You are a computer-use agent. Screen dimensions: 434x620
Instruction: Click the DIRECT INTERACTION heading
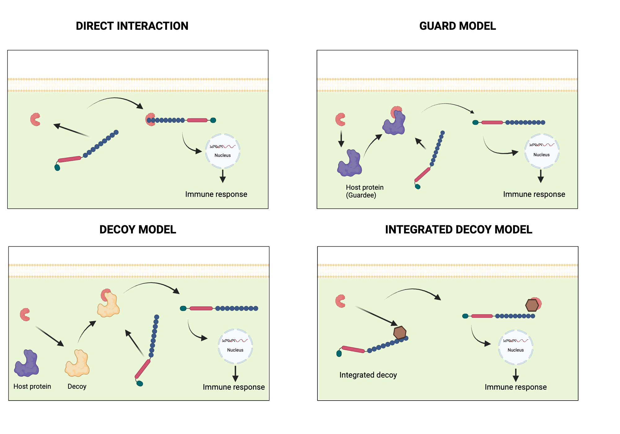pyautogui.click(x=132, y=26)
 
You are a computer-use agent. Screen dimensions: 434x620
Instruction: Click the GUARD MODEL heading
pyautogui.click(x=457, y=26)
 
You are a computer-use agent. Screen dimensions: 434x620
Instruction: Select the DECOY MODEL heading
pyautogui.click(x=138, y=230)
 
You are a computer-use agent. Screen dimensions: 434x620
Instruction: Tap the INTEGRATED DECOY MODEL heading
pyautogui.click(x=458, y=230)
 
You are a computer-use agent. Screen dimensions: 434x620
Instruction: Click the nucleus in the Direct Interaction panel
pyautogui.click(x=223, y=151)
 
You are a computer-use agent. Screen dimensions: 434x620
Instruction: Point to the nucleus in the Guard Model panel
pyautogui.click(x=542, y=151)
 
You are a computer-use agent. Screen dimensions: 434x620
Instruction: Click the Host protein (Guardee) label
pyautogui.click(x=364, y=191)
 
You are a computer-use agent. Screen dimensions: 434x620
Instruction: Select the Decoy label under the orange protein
pyautogui.click(x=77, y=387)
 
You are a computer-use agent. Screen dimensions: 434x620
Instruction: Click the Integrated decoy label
pyautogui.click(x=368, y=375)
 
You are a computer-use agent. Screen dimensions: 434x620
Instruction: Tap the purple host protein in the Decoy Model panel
pyautogui.click(x=27, y=364)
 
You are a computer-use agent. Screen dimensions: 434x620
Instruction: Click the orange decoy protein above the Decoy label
pyautogui.click(x=77, y=364)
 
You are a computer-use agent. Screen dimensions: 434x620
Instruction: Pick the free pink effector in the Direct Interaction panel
pyautogui.click(x=35, y=119)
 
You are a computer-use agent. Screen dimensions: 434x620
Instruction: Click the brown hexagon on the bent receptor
pyautogui.click(x=400, y=333)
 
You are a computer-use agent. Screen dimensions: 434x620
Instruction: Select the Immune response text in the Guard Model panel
pyautogui.click(x=534, y=194)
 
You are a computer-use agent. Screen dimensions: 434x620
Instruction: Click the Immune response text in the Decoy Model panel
pyautogui.click(x=233, y=387)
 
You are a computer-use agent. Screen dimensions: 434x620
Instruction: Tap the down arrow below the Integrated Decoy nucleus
pyautogui.click(x=516, y=375)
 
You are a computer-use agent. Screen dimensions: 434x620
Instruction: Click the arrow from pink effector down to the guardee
pyautogui.click(x=341, y=139)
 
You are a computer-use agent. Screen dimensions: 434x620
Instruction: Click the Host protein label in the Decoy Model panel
pyautogui.click(x=32, y=387)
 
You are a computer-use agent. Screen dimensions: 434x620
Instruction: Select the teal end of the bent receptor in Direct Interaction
pyautogui.click(x=57, y=168)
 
